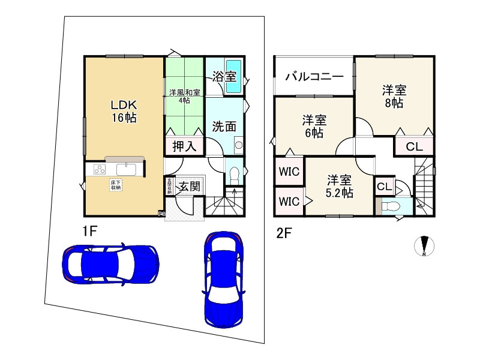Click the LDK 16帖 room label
coord(123,111)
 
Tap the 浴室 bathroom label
coord(224,76)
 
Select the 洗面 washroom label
coord(223,127)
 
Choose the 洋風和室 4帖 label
coord(184,97)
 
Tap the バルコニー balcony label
coord(314,76)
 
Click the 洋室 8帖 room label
coord(394,97)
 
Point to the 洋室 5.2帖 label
coord(340,186)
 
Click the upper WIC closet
coord(289,171)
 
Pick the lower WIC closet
coord(289,201)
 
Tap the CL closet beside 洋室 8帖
coord(414,146)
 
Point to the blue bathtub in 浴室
coord(233,77)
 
